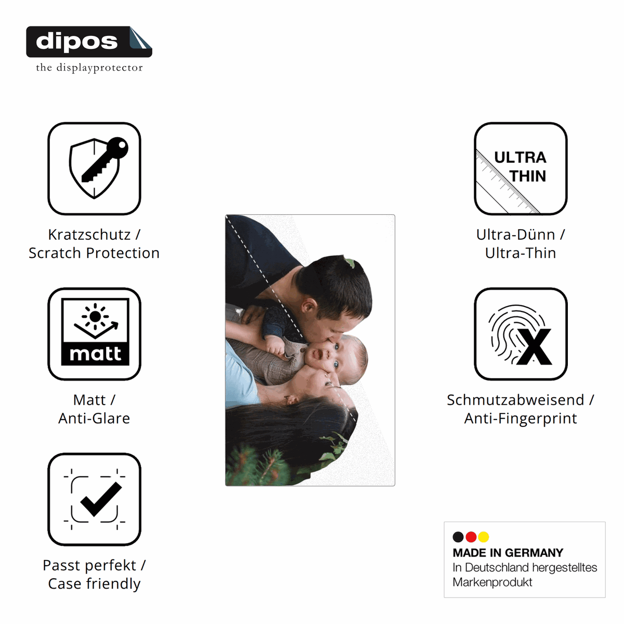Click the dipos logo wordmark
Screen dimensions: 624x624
point(76,42)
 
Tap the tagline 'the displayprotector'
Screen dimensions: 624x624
point(89,68)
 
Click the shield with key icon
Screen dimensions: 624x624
point(98,168)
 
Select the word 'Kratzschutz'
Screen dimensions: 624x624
point(89,235)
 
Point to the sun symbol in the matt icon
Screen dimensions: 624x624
point(95,316)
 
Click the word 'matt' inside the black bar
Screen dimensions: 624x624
point(95,354)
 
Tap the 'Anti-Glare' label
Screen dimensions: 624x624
point(94,418)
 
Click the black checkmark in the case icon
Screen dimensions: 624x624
point(101,499)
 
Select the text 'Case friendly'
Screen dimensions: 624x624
point(94,583)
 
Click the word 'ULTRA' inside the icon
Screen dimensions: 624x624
point(520,158)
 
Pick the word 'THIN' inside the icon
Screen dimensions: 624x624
point(527,176)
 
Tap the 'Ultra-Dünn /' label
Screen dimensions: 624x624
point(521,235)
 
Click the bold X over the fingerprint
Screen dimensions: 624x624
point(534,347)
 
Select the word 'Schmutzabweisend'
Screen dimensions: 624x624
point(515,400)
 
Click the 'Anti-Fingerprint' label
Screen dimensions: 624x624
point(521,419)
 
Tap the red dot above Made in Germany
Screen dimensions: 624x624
point(471,537)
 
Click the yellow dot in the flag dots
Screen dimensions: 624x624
point(484,537)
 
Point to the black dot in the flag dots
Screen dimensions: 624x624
point(458,537)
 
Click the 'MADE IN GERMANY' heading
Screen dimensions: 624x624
point(508,553)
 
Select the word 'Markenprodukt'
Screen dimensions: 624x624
point(492,582)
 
